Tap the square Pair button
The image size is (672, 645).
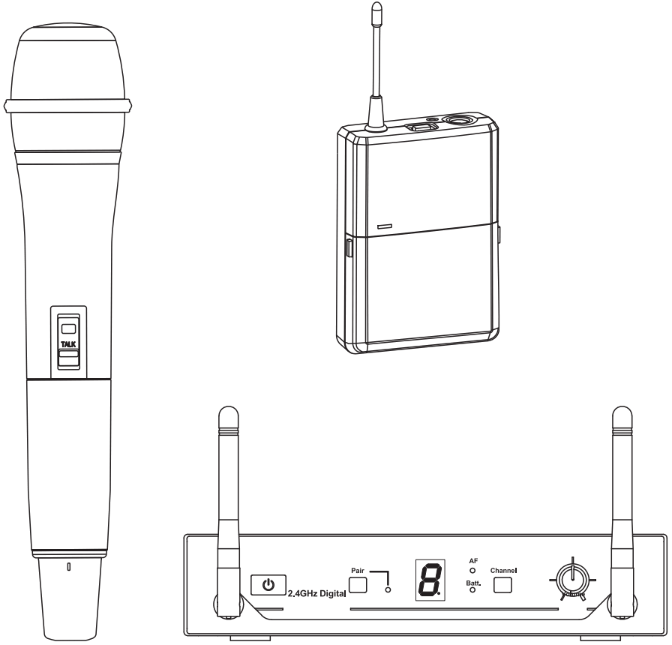coord(358,585)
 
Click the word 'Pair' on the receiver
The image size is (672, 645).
coord(357,571)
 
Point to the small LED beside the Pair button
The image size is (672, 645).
coord(387,589)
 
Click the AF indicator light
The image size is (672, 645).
coord(473,571)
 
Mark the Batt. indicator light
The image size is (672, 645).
coord(473,590)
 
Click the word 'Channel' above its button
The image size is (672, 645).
coord(504,570)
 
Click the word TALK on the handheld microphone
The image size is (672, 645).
coord(68,343)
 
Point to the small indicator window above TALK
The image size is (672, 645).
coord(68,328)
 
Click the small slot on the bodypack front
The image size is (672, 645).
coord(385,226)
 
